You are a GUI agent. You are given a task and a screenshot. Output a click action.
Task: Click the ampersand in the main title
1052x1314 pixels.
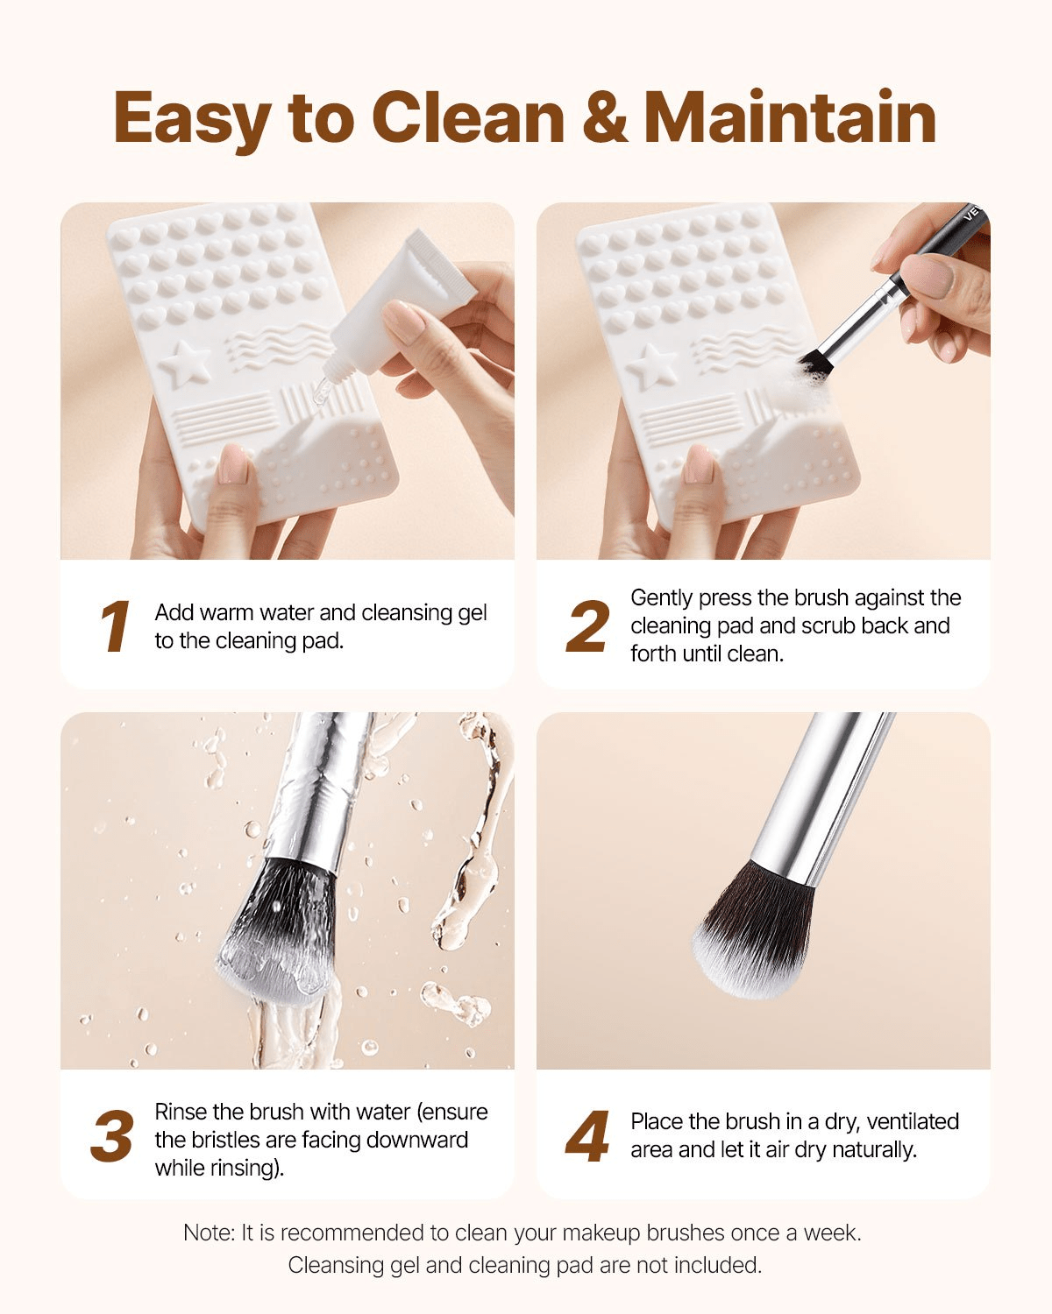[604, 118]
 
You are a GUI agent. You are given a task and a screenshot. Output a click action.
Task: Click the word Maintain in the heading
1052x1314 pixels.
[790, 118]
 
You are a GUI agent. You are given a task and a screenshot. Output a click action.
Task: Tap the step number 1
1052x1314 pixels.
[114, 627]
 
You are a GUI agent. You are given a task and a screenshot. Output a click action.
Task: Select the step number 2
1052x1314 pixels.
[587, 627]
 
